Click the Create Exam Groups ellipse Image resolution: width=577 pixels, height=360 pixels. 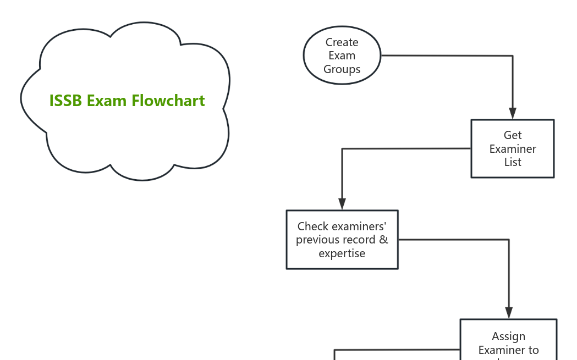[x=342, y=56]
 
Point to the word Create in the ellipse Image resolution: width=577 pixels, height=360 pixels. [x=342, y=42]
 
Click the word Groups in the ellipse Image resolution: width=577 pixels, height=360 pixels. [x=342, y=69]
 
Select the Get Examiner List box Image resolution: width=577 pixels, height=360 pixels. [x=512, y=148]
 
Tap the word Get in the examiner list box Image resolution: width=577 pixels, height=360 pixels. [x=513, y=135]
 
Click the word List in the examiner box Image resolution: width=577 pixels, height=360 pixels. [x=513, y=162]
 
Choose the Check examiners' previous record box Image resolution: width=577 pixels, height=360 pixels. [x=342, y=240]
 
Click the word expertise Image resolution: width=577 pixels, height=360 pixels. [x=342, y=253]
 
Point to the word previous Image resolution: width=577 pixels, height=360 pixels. [x=317, y=240]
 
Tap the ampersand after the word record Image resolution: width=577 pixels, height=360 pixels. [x=383, y=240]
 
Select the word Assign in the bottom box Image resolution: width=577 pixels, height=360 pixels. [x=508, y=336]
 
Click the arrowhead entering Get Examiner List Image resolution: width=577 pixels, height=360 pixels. [x=513, y=114]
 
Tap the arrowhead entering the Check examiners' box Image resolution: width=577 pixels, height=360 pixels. [x=342, y=204]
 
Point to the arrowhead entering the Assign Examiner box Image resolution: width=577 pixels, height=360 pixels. [x=509, y=313]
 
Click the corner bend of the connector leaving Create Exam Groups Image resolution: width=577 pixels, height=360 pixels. [x=513, y=56]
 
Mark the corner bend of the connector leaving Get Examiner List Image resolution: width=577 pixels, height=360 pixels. [x=342, y=149]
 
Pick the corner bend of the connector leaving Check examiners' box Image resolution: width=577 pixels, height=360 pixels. [x=509, y=240]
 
